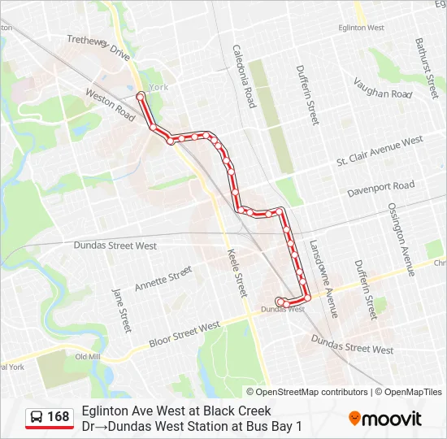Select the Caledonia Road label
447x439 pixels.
click(x=244, y=76)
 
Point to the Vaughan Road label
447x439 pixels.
click(x=383, y=88)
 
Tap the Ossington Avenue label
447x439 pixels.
click(x=401, y=239)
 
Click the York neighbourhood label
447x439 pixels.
click(x=158, y=87)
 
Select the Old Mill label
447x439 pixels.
click(x=87, y=357)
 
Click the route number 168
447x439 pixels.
click(x=59, y=417)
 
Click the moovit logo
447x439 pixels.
click(x=385, y=418)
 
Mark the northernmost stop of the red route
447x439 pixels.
click(x=141, y=97)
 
